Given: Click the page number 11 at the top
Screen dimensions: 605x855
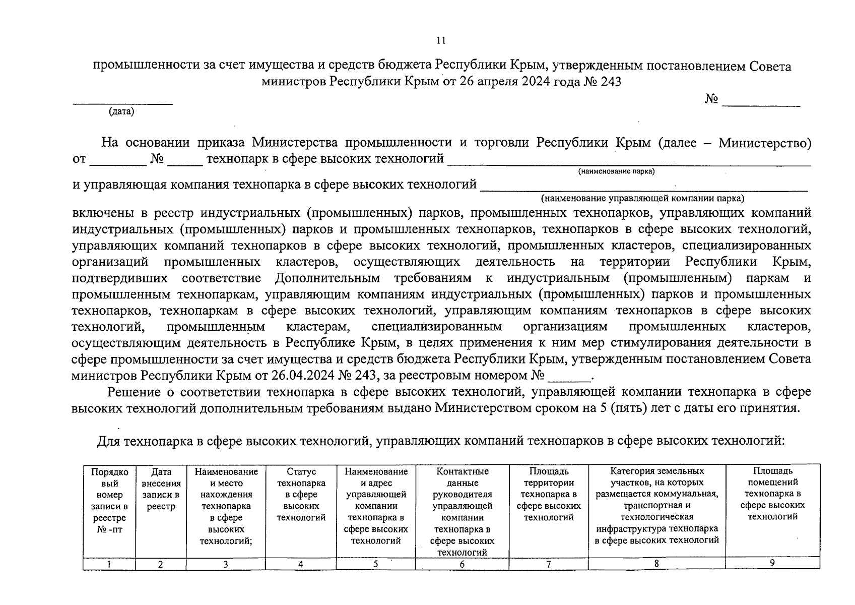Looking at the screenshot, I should coord(441,40).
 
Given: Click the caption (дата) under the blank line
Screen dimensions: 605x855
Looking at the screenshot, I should coord(121,112).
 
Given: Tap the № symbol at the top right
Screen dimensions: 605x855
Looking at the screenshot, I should coord(711,99).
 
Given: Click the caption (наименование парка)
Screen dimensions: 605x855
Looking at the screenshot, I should coord(617,172).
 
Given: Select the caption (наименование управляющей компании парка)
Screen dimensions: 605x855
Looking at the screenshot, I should coord(642,199).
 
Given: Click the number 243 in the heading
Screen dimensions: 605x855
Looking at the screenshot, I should coord(610,82).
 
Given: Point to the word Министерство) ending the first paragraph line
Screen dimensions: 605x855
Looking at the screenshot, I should coord(765,143).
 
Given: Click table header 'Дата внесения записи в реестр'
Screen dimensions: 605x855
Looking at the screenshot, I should coord(161,489).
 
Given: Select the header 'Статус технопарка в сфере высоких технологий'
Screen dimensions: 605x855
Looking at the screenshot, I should coord(301,494).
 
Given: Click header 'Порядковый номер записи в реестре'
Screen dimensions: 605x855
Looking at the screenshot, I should coord(109,500).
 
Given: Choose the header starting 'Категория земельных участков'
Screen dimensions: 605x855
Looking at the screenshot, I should coord(656,505).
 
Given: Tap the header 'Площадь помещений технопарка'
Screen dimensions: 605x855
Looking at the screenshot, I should coord(772,494).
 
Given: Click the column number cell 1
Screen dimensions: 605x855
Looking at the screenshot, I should coord(109,565).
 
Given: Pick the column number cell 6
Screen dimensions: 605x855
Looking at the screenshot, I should coord(462,565).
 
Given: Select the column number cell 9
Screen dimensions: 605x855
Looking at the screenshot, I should coord(772,563).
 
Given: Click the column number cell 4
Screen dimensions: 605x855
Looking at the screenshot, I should coord(301,565).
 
